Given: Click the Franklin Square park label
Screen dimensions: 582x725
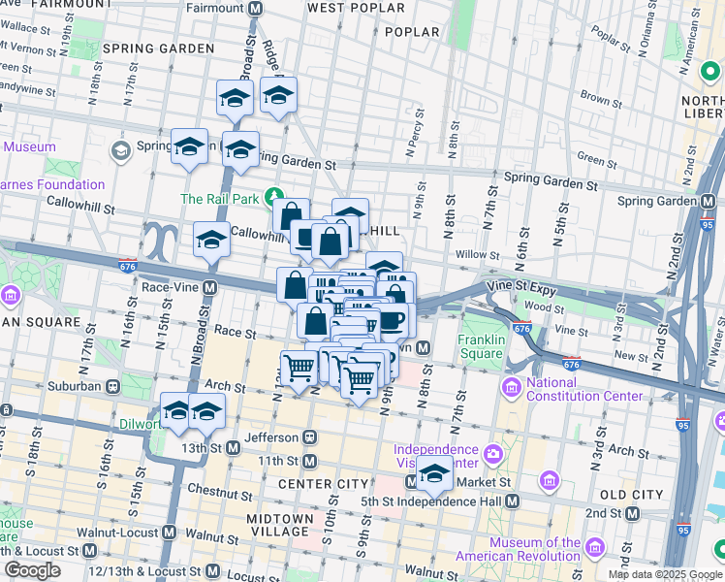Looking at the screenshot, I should pos(482,346).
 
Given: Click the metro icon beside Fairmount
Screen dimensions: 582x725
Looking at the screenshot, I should pos(256,8).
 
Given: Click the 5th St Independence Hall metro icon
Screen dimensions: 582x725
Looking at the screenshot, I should pos(513,501).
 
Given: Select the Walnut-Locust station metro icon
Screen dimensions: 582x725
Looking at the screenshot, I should pos(170,533).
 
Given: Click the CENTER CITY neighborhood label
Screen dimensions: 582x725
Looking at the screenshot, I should pos(323,484).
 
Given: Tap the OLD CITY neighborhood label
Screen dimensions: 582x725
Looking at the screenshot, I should pos(631,494).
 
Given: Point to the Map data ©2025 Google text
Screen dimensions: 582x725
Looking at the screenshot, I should pos(665,574).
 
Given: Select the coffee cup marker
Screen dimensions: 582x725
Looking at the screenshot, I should pos(392,320).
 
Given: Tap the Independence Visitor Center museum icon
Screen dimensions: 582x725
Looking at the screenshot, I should pos(492,452).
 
